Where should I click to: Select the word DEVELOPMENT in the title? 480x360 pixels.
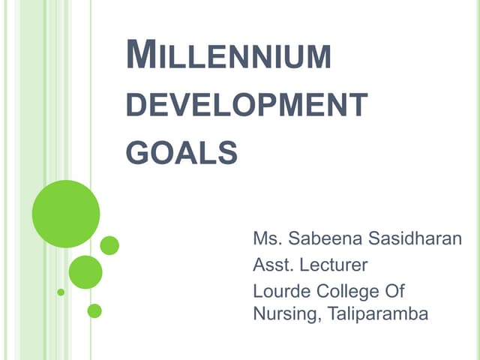click(x=246, y=106)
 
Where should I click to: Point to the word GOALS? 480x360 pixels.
click(x=181, y=152)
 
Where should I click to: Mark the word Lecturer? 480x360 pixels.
click(x=335, y=265)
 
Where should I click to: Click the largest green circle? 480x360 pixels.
click(x=66, y=214)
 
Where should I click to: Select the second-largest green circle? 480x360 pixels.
click(x=85, y=272)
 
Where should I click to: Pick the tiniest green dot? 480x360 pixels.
click(x=61, y=292)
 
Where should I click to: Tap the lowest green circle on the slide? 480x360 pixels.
click(x=94, y=310)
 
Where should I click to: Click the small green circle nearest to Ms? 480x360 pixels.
click(x=109, y=245)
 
